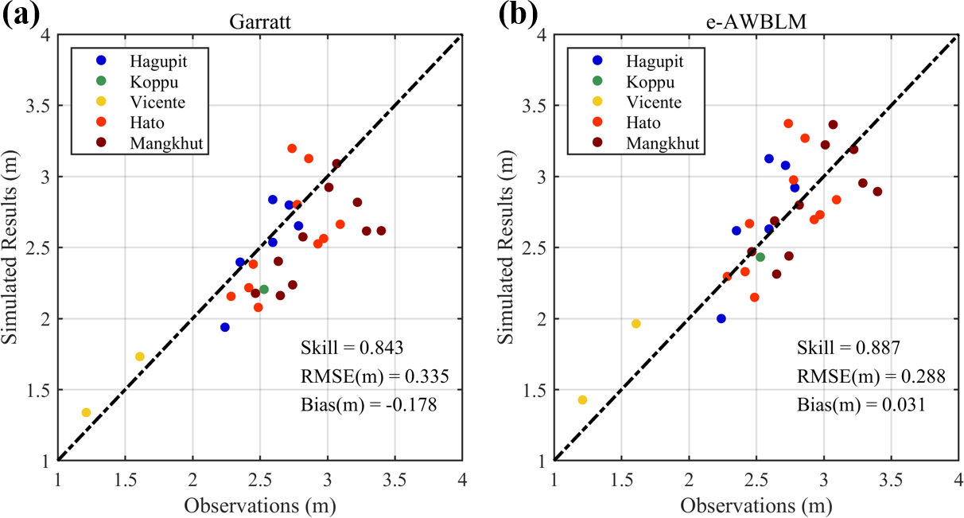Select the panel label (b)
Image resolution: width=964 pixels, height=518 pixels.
518,16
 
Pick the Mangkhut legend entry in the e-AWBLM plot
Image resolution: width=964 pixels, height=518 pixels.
663,144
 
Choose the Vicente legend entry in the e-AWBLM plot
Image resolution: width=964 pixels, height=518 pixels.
653,103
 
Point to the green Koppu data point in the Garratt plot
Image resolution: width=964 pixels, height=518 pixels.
264,289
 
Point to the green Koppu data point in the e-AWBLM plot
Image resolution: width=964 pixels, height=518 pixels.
760,257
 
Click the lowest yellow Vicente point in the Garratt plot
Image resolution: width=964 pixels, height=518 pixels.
86,412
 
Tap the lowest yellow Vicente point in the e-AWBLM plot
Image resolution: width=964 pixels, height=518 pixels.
582,399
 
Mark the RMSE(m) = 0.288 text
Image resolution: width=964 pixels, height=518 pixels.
871,376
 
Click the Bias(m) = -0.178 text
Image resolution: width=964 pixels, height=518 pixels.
368,405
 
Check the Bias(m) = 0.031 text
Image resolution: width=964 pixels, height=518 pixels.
861,405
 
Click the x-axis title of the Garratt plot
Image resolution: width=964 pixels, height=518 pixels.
259,505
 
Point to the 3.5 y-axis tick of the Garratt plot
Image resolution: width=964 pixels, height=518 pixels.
38,106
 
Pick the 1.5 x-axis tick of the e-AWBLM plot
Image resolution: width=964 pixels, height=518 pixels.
621,481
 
